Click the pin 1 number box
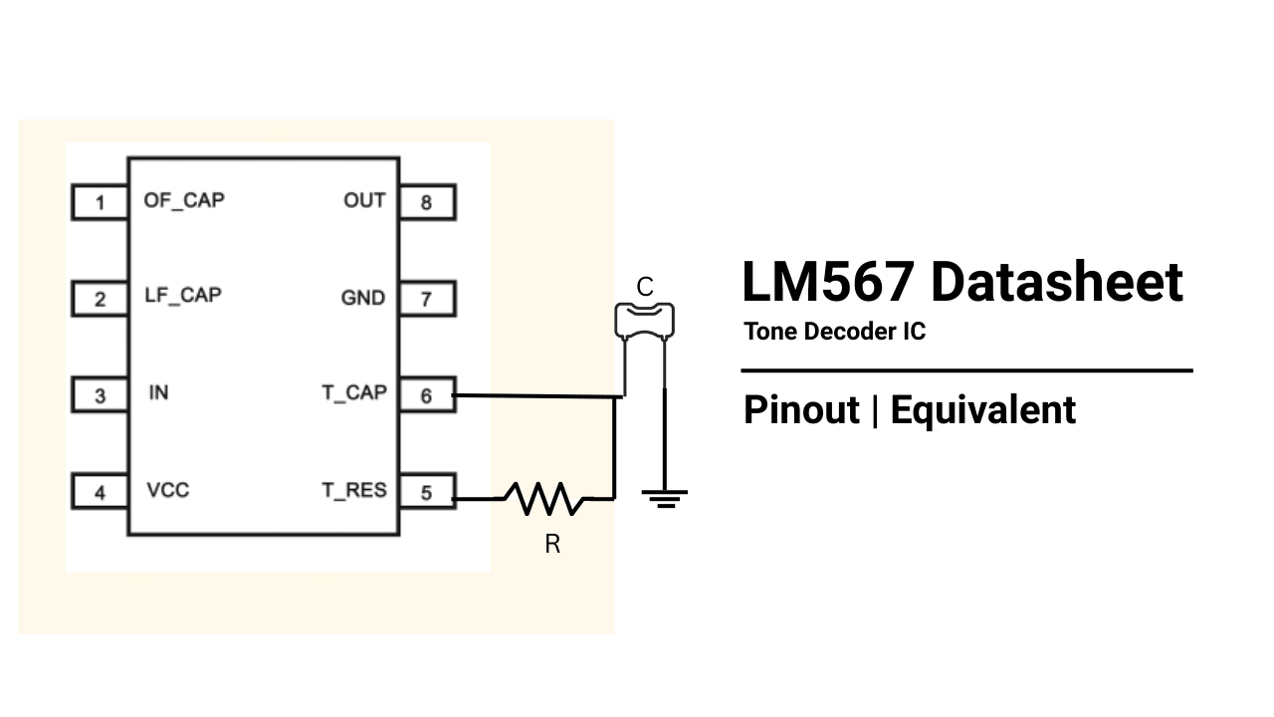[x=100, y=203]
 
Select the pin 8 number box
[x=427, y=203]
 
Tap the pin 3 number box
[x=100, y=396]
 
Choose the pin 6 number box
[x=427, y=396]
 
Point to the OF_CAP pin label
[x=184, y=200]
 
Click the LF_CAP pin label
[x=183, y=296]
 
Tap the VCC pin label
[x=167, y=491]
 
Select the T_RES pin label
[x=353, y=491]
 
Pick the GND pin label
[x=362, y=298]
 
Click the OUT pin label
[x=364, y=201]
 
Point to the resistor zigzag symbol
[x=544, y=498]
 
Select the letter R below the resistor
[x=552, y=545]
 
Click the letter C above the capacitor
[x=645, y=288]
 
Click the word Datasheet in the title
[x=1056, y=282]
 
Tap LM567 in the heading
[x=828, y=282]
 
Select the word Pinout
[x=801, y=410]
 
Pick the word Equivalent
[x=982, y=410]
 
